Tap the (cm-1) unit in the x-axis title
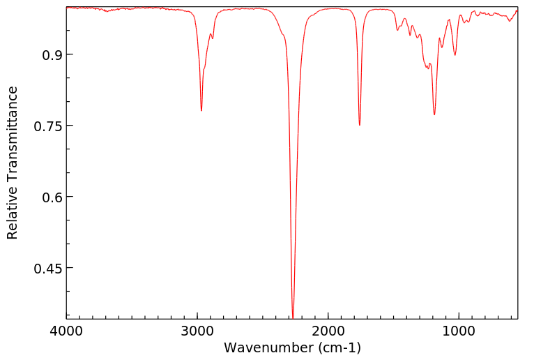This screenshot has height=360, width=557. point(337,347)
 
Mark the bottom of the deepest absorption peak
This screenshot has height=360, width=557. point(293,317)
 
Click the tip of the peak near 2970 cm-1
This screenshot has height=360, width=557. point(201,110)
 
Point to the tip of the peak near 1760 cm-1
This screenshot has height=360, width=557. point(360,125)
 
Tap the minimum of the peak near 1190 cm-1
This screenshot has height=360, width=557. point(434,114)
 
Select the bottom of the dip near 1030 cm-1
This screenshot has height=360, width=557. point(455,54)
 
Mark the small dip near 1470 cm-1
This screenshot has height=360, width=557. point(397,30)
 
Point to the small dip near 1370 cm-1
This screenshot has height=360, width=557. point(410,36)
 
